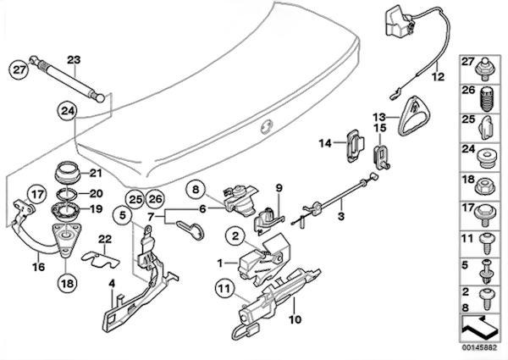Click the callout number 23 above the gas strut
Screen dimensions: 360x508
73,59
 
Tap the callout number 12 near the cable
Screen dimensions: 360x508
437,76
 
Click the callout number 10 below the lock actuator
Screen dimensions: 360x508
295,319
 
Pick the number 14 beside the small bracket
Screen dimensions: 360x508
326,144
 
